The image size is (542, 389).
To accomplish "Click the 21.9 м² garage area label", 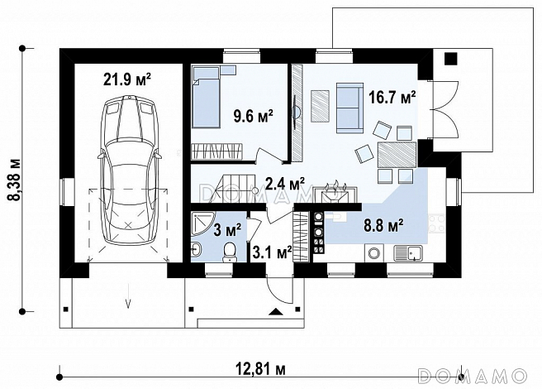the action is click(127, 80).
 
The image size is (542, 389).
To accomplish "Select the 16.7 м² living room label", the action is click(392, 98).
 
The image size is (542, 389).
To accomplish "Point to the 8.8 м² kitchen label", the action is click(383, 226).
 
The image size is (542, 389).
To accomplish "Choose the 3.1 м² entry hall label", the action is click(272, 252).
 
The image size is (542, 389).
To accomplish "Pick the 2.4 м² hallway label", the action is click(285, 184).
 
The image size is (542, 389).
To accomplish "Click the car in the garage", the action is click(128, 170).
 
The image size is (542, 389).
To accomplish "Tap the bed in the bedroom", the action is click(207, 98).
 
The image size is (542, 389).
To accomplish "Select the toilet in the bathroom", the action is click(230, 252).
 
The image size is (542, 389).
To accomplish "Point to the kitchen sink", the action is click(408, 253).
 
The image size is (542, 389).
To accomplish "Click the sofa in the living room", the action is click(349, 108).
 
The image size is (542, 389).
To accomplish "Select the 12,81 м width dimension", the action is click(261, 370).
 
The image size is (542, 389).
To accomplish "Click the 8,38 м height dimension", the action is click(15, 180).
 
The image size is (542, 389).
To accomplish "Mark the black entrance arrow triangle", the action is click(275, 312).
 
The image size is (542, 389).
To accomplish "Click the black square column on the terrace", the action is click(451, 58).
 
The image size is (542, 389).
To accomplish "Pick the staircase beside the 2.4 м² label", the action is click(234, 189).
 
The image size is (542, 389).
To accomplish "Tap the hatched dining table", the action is click(397, 155).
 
